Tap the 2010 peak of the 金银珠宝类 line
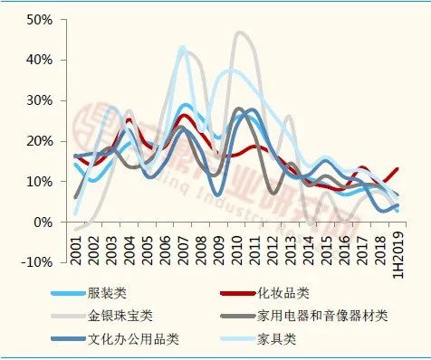(x=239, y=33)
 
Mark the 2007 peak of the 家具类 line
(x=182, y=47)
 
